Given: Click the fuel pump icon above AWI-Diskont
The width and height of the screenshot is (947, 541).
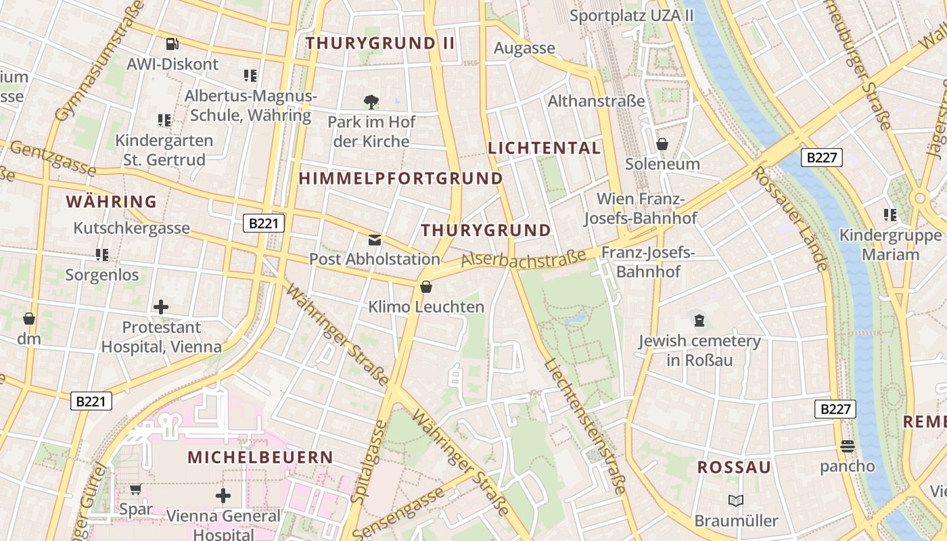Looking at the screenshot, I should tap(172, 44).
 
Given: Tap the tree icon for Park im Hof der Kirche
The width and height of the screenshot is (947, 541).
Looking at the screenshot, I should tap(371, 102).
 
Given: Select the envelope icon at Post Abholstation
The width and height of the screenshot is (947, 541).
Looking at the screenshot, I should tap(374, 240).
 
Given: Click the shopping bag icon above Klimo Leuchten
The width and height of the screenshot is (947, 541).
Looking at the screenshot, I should tap(426, 287).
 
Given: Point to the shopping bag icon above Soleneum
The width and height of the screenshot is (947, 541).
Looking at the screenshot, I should tap(662, 144).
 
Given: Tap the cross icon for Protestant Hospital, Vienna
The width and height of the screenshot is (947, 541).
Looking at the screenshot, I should tap(161, 307).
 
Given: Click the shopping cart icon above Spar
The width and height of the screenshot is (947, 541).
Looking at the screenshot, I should tap(135, 489).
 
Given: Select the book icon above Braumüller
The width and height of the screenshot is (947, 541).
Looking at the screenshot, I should tap(736, 500).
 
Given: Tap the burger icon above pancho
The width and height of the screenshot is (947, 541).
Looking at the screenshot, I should tap(847, 446).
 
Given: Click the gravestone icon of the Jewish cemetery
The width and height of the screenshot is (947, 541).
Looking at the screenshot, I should tap(699, 320).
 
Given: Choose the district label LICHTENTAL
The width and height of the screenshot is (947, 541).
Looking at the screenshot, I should tap(544, 148).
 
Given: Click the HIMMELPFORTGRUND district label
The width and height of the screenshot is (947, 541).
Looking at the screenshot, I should tap(401, 179).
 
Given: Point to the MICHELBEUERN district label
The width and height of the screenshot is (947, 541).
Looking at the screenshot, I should tap(260, 457).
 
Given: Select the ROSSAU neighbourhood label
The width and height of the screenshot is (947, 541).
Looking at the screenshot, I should tap(734, 467).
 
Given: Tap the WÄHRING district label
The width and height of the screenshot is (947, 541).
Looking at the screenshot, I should tap(112, 202).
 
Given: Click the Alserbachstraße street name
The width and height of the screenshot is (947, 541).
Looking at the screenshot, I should tap(524, 258).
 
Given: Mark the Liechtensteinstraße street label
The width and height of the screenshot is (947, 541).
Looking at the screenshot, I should tap(586, 426).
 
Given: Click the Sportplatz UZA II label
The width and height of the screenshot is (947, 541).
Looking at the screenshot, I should tap(632, 15).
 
